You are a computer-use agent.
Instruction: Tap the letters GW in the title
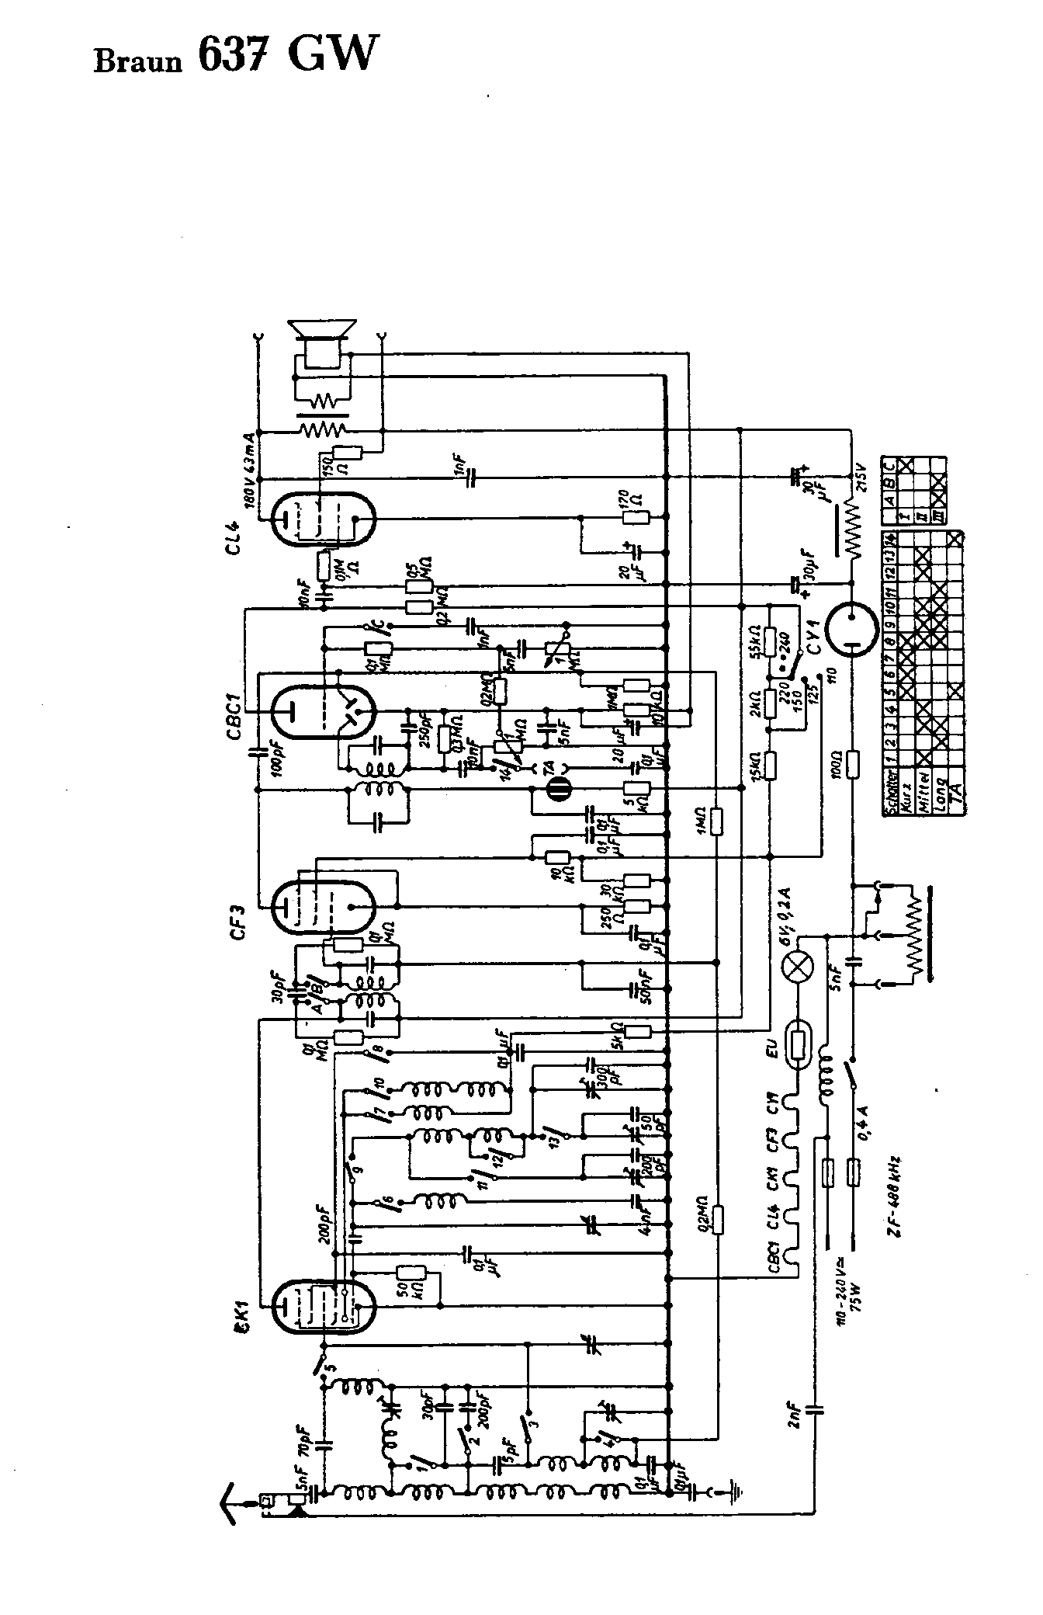pos(334,54)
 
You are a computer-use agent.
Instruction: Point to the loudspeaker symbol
pos(322,342)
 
